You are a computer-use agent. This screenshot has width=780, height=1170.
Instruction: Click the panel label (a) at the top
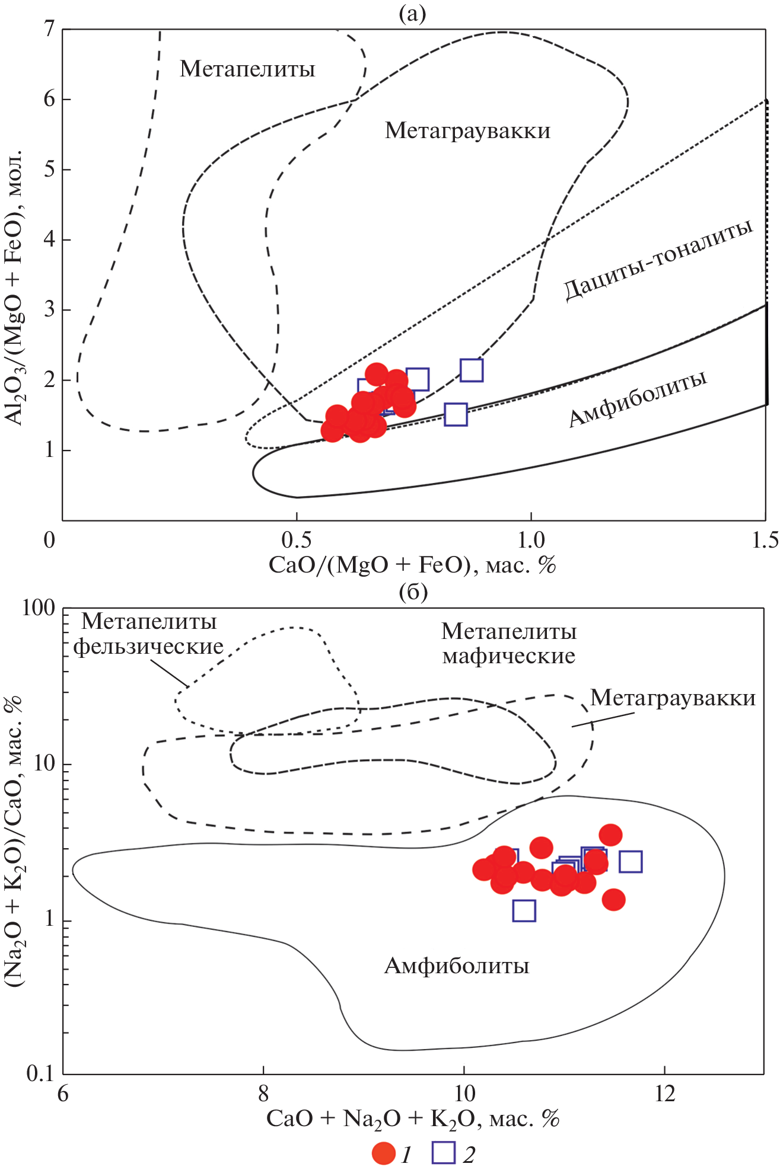click(412, 13)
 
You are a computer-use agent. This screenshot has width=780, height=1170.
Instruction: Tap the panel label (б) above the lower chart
click(413, 591)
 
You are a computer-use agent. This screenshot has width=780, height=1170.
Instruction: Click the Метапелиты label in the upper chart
click(247, 69)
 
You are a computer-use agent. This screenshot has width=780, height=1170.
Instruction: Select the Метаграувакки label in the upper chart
click(467, 130)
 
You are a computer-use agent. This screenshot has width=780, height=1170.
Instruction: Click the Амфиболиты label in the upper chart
click(638, 398)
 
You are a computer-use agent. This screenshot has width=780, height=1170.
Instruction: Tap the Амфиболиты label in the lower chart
click(456, 966)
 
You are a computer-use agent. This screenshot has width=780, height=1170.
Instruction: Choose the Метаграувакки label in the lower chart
click(673, 698)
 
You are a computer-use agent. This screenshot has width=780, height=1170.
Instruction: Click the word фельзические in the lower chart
click(148, 647)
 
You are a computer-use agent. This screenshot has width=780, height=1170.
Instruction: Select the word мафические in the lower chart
click(508, 656)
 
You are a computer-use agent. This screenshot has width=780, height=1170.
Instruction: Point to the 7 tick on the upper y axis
click(49, 28)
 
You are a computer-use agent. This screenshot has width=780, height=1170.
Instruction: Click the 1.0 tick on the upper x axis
click(531, 539)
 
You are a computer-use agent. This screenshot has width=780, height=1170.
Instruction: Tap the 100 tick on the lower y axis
click(38, 608)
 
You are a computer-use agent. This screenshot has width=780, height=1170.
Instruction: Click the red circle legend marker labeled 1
click(384, 1153)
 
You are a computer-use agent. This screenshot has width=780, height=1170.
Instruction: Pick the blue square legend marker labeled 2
click(444, 1153)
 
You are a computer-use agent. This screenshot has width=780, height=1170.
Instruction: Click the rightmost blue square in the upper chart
click(472, 370)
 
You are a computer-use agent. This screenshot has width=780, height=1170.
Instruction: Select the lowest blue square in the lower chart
click(524, 910)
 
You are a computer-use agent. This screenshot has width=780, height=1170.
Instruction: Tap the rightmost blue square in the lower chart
click(631, 861)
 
